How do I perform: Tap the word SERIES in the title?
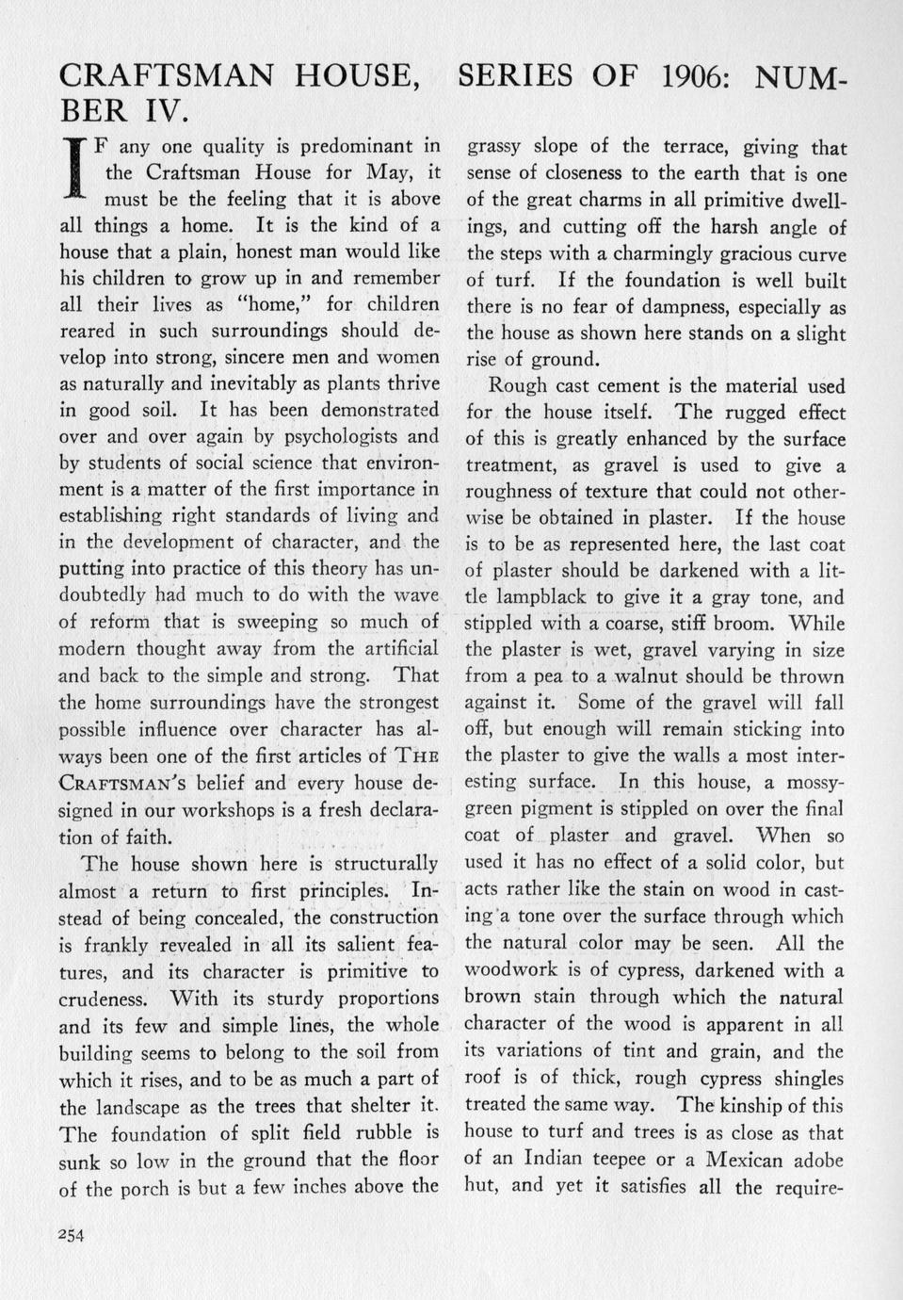click(x=528, y=76)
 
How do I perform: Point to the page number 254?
click(x=72, y=1237)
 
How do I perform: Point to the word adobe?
click(x=819, y=1160)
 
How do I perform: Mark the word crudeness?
click(x=104, y=999)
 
